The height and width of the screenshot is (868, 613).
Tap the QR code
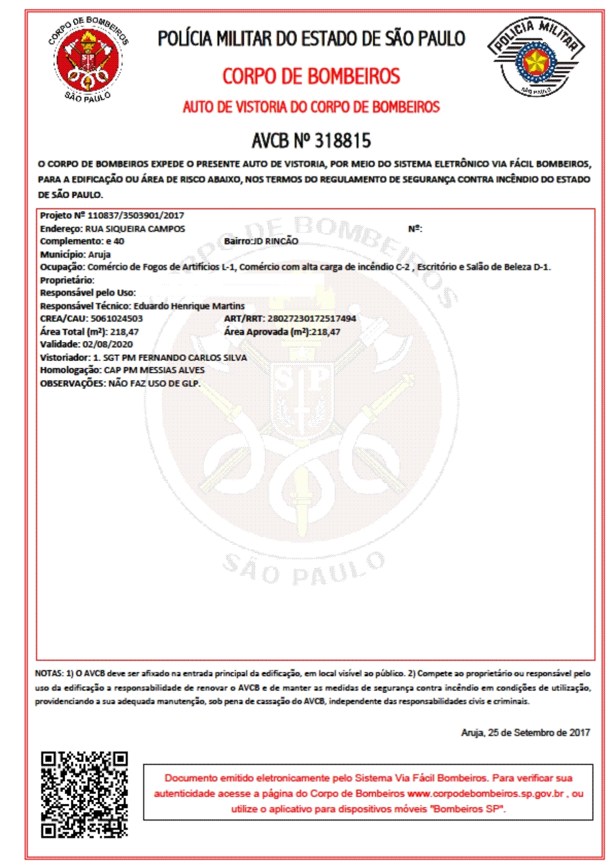click(x=85, y=794)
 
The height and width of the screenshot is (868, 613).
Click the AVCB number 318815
click(x=342, y=141)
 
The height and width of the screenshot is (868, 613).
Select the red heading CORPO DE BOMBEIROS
click(x=311, y=77)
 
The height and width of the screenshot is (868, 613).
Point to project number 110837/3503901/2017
click(x=136, y=216)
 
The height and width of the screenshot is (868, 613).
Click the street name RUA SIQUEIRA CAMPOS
click(x=135, y=229)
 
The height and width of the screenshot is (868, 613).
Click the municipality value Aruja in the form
click(x=99, y=254)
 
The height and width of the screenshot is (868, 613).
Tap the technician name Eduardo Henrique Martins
click(x=189, y=306)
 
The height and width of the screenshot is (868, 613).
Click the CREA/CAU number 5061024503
click(x=117, y=319)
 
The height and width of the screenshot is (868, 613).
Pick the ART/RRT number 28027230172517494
click(x=312, y=319)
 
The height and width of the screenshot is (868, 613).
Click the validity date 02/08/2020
click(x=107, y=345)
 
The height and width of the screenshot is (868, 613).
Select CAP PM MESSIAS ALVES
click(x=154, y=370)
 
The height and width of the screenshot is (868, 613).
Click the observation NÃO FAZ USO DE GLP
click(x=154, y=384)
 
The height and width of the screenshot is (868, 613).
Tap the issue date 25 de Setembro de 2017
click(x=539, y=733)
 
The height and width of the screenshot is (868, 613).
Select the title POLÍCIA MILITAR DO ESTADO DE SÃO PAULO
click(x=311, y=39)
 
